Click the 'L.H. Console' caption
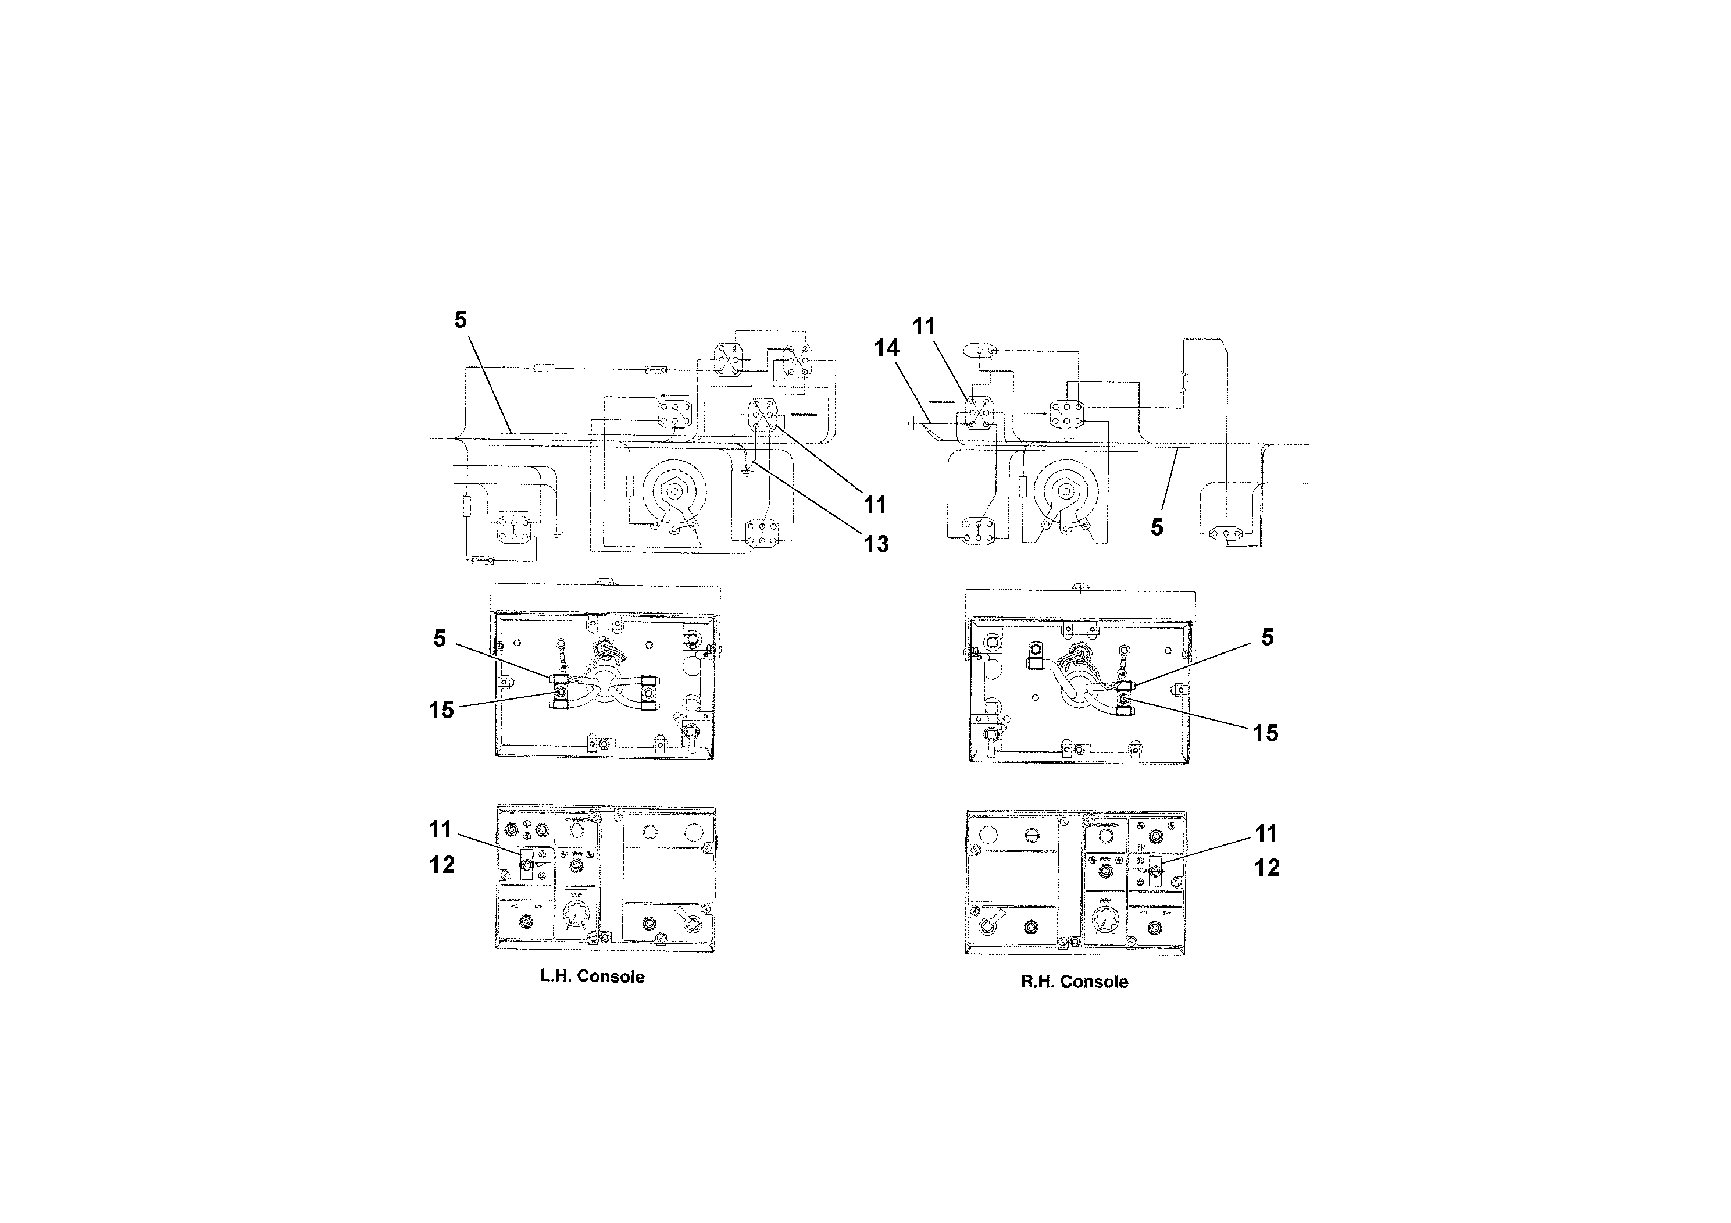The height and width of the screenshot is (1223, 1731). (x=592, y=976)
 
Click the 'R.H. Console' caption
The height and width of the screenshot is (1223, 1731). (x=1075, y=982)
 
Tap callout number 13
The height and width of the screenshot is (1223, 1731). (x=876, y=544)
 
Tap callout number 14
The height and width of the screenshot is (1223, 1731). (x=887, y=348)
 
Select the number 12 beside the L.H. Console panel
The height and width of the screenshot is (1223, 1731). (x=442, y=865)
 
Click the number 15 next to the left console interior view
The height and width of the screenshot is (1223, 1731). (x=442, y=709)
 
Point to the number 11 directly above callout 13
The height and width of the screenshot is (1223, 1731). (x=875, y=504)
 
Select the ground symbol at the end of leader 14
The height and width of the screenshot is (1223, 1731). (x=913, y=424)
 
